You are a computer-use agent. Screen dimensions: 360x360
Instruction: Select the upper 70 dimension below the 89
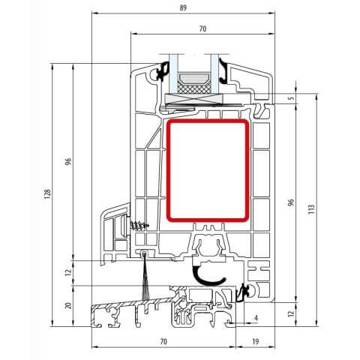click(202, 28)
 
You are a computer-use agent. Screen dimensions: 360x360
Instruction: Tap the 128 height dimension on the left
click(47, 195)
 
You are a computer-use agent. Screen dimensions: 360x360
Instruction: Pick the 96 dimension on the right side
click(292, 203)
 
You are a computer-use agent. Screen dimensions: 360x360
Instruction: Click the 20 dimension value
click(67, 305)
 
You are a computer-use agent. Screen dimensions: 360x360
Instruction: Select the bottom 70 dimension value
click(163, 341)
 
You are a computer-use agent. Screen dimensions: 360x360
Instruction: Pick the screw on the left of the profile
click(137, 225)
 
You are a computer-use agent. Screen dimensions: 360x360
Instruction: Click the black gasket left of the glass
click(160, 71)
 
